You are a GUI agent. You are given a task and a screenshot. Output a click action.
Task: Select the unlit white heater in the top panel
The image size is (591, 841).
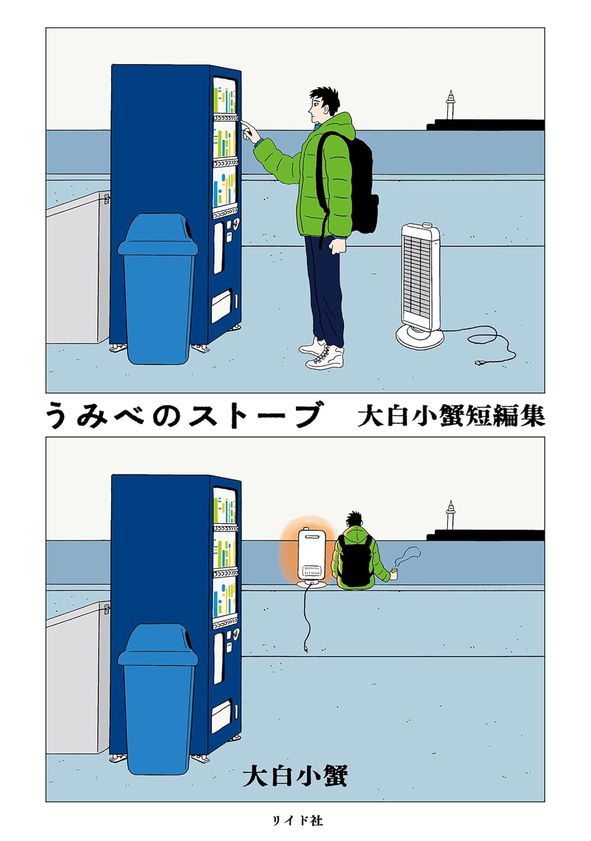pyautogui.click(x=420, y=280)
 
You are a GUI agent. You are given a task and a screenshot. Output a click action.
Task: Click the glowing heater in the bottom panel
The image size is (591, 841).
pyautogui.click(x=311, y=555)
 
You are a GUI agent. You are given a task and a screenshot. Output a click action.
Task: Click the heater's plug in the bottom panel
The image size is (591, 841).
pyautogui.click(x=306, y=650)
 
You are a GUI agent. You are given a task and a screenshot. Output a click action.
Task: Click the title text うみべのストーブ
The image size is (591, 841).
pyautogui.click(x=185, y=415)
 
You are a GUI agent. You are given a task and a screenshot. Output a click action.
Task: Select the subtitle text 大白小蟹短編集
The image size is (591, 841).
pyautogui.click(x=450, y=416)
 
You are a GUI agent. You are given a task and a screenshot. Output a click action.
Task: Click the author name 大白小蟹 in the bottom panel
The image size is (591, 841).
pyautogui.click(x=295, y=777)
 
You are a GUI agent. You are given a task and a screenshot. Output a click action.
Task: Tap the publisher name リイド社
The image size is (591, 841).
pyautogui.click(x=297, y=821)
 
